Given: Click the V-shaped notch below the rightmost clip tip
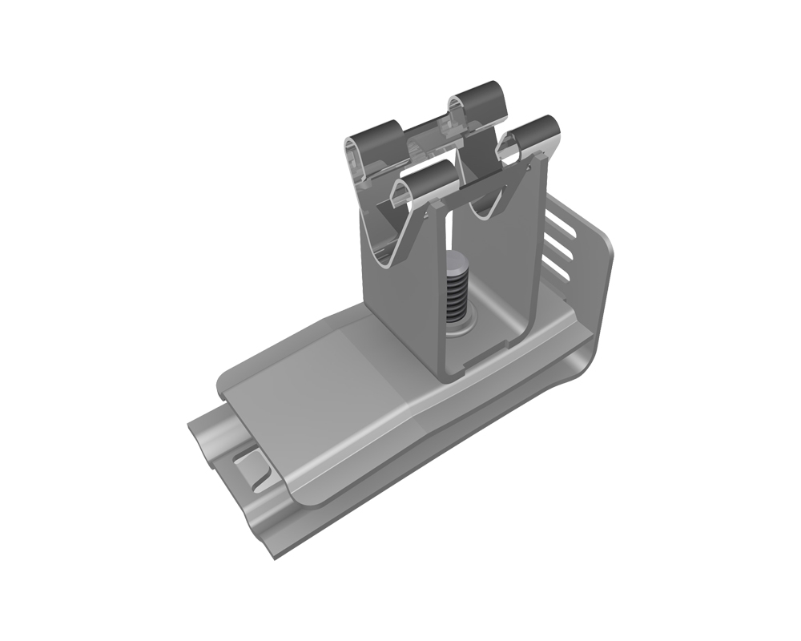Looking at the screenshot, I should (x=489, y=210).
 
